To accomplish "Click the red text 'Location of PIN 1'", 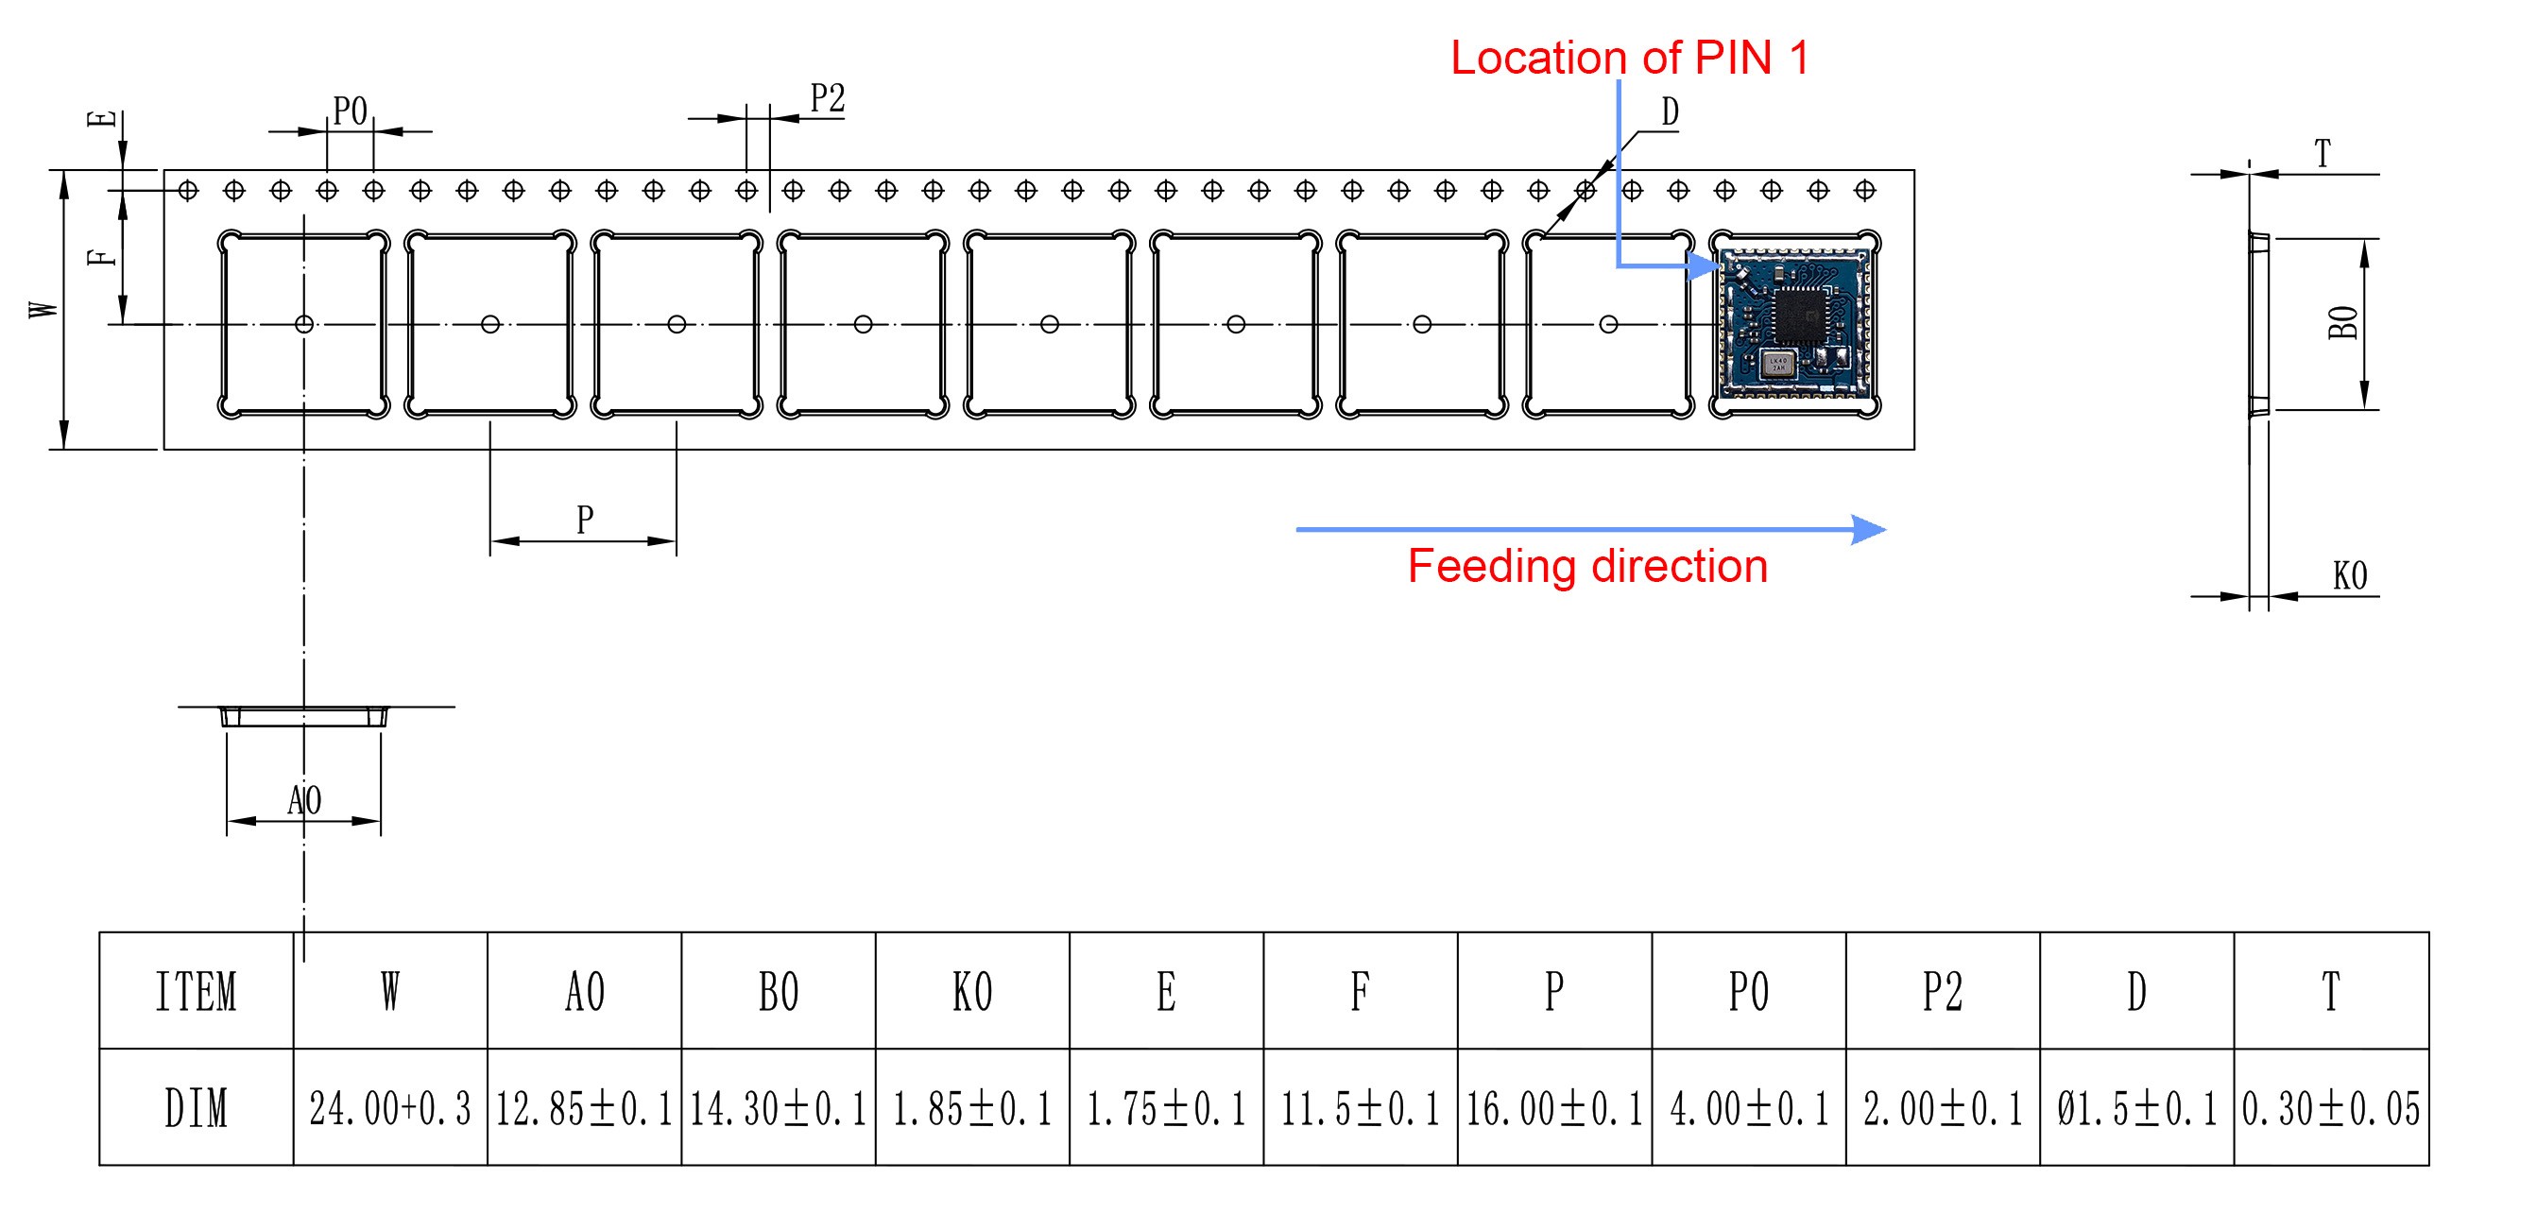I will pyautogui.click(x=1629, y=59).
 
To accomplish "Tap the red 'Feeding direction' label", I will pyautogui.click(x=1586, y=567).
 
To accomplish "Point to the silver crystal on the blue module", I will pyautogui.click(x=1777, y=366).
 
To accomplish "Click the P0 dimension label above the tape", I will pyautogui.click(x=350, y=112).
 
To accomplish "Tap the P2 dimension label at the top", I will pyautogui.click(x=828, y=99).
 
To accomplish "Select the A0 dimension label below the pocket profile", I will pyautogui.click(x=304, y=800).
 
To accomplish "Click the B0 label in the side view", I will pyautogui.click(x=2343, y=323).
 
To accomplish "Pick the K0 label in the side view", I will pyautogui.click(x=2349, y=576).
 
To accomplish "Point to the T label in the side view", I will pyautogui.click(x=2323, y=155).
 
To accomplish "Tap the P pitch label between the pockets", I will pyautogui.click(x=585, y=519).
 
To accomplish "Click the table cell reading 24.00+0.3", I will pyautogui.click(x=390, y=1109).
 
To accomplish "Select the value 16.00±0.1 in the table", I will pyautogui.click(x=1554, y=1109).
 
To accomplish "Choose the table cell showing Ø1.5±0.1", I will pyautogui.click(x=2136, y=1109).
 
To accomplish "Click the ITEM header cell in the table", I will pyautogui.click(x=196, y=992).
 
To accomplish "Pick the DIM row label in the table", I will pyautogui.click(x=196, y=1109).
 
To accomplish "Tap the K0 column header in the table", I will pyautogui.click(x=972, y=992).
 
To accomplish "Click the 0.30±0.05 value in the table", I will pyautogui.click(x=2330, y=1109).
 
